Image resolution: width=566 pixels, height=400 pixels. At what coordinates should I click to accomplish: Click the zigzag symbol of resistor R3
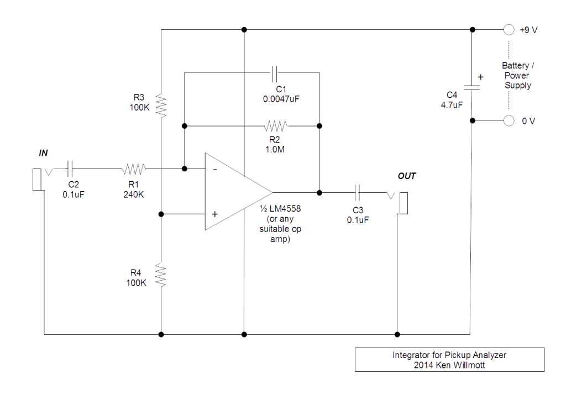(x=161, y=106)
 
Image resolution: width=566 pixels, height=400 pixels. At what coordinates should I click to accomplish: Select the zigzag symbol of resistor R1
(x=134, y=168)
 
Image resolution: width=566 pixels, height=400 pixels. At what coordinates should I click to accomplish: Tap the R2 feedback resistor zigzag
(x=276, y=125)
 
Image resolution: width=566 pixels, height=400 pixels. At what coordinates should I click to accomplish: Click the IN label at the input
(x=44, y=152)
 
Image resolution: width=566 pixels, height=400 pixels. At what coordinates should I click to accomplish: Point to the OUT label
(x=406, y=176)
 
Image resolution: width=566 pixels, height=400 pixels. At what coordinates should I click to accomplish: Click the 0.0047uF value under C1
(x=281, y=99)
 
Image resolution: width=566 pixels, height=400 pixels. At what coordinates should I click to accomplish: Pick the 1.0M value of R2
(x=275, y=149)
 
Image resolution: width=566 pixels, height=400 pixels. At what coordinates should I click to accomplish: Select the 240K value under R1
(x=134, y=194)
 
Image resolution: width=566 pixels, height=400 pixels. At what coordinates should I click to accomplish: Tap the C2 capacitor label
(x=74, y=185)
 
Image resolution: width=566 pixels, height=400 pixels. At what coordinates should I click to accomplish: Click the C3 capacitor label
(x=358, y=210)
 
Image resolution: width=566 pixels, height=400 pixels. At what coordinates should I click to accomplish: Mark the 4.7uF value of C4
(x=451, y=104)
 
